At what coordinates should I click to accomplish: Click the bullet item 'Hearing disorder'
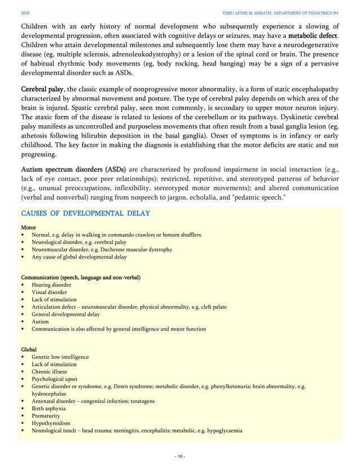pyautogui.click(x=51, y=285)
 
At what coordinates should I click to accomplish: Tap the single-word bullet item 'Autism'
pyautogui.click(x=41, y=322)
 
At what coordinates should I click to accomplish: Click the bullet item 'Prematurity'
pyautogui.click(x=46, y=416)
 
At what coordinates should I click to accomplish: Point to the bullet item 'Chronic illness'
pyautogui.click(x=49, y=372)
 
